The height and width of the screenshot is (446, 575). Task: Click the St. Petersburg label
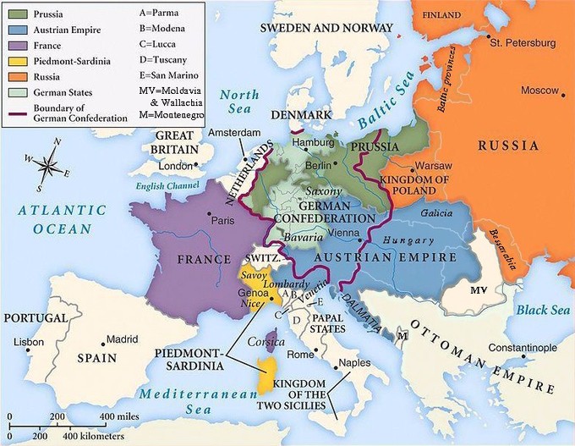523,42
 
